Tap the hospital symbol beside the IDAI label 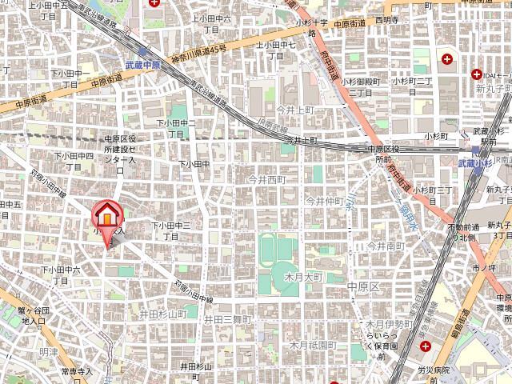click(446, 58)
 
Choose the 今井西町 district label click(266, 180)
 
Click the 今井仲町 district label click(324, 200)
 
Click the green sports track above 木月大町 click(277, 250)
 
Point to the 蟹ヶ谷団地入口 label click(34, 315)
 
